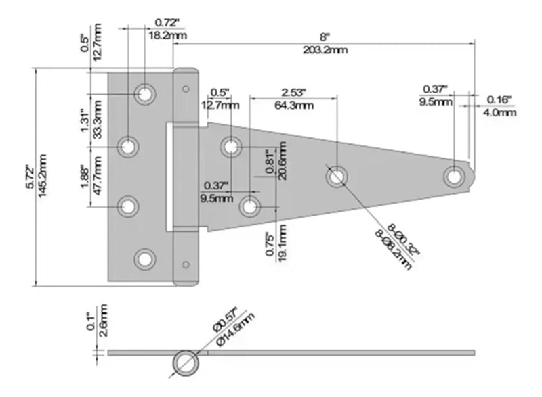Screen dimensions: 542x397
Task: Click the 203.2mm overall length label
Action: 325,50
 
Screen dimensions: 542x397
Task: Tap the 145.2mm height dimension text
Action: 43,176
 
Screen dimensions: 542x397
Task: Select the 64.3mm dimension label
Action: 294,106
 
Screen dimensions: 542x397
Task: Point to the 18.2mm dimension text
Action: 168,35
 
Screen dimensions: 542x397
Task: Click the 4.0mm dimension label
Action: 500,112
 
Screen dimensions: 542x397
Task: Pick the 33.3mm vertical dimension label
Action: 98,119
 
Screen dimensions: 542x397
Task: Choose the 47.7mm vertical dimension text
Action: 98,175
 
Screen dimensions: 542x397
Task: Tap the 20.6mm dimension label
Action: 282,160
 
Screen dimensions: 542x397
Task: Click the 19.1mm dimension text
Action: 282,243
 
